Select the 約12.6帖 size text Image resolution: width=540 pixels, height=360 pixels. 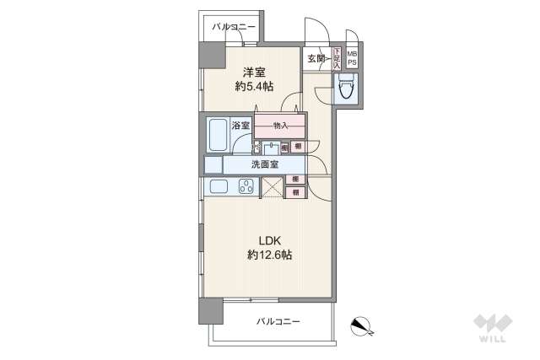point(269,255)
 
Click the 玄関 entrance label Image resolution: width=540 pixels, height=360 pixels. point(316,58)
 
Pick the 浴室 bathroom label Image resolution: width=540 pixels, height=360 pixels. point(241,126)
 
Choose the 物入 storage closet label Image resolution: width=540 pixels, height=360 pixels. point(280,126)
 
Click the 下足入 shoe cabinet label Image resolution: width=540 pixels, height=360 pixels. point(337,58)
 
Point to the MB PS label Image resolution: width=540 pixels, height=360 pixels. point(351,58)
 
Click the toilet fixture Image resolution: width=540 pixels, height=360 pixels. point(346,87)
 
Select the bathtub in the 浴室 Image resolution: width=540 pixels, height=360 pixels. point(218,135)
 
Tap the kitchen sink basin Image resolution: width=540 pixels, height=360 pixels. point(218,187)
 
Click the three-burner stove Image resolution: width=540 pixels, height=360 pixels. point(246,187)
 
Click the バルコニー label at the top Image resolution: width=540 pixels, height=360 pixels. point(233,28)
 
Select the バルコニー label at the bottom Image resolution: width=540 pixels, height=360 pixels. point(278,321)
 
